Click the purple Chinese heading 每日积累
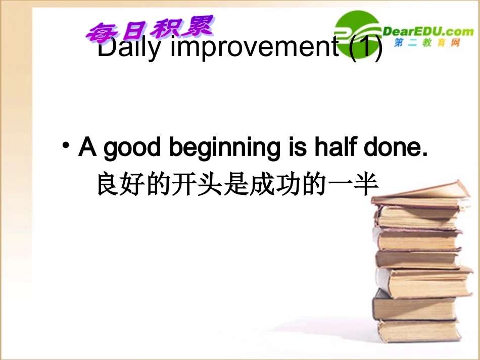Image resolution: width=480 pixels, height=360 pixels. point(150,30)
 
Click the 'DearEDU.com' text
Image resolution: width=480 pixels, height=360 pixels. point(429,32)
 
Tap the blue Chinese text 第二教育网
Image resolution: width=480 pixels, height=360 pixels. point(427,43)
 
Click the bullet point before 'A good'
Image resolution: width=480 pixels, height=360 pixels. point(66,147)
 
